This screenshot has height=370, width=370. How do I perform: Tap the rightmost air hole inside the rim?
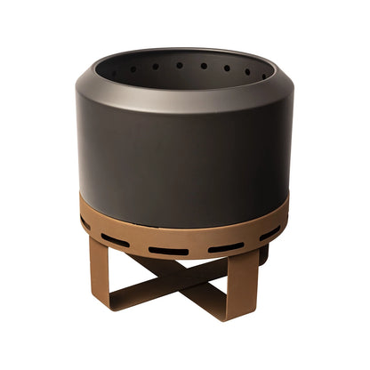pyautogui.click(x=263, y=75)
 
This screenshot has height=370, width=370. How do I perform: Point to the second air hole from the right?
pyautogui.click(x=246, y=71)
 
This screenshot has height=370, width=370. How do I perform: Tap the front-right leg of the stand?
pyautogui.click(x=240, y=285)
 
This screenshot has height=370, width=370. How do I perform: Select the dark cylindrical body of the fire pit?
pyautogui.click(x=182, y=160)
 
